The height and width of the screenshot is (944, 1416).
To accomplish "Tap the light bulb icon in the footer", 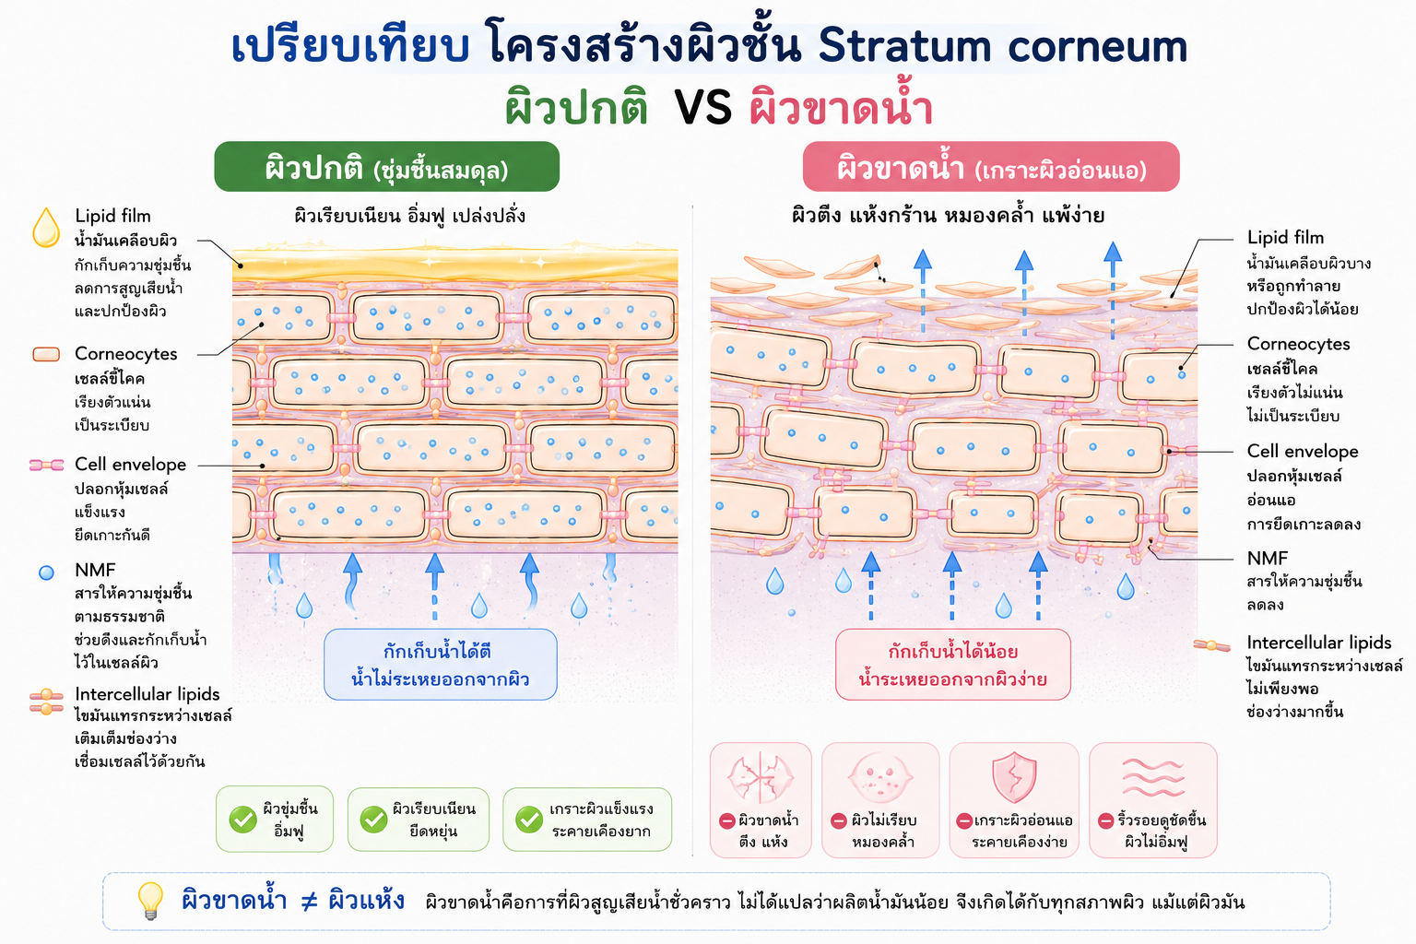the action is (150, 901).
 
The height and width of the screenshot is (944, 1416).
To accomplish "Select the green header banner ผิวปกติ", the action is (387, 167).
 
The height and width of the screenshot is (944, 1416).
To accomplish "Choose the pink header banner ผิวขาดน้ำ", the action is (991, 167).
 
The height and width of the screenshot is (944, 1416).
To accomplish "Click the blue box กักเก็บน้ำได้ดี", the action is (441, 665).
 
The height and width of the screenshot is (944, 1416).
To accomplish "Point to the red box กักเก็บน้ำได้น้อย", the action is (953, 665).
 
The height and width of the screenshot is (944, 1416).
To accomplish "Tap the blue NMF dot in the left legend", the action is (46, 572).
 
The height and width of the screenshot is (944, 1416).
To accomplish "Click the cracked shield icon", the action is (1014, 777).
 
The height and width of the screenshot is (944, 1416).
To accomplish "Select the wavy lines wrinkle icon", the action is (1153, 778).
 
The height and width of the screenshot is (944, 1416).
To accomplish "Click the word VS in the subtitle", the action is (703, 108).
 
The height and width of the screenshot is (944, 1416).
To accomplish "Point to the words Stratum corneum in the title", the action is (1003, 45).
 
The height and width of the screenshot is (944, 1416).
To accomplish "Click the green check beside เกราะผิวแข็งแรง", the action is (529, 820).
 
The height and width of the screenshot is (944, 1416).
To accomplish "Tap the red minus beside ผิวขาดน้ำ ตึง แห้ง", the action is (727, 820).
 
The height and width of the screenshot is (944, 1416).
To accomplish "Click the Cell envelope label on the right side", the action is (1303, 451).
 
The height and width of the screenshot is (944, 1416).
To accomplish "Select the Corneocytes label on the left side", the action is (125, 353).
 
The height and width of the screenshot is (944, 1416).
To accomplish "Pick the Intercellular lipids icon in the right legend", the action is (1211, 645).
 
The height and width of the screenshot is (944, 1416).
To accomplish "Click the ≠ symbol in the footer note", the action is (309, 901).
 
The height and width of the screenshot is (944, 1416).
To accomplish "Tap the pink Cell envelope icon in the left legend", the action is (46, 466).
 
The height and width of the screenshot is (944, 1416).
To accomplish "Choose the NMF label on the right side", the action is (1267, 558).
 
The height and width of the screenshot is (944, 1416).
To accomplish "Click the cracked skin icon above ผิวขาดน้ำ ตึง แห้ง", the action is (761, 777).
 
